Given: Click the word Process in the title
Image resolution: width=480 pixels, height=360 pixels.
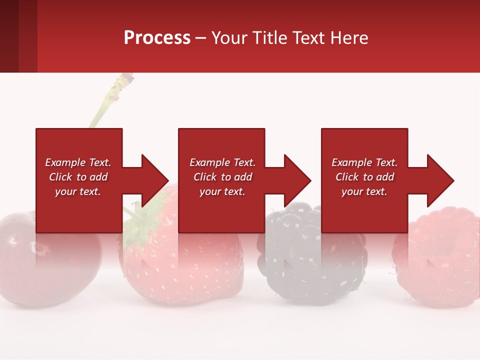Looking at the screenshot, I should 157,38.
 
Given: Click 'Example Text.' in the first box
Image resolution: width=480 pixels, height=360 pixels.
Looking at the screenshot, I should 78,162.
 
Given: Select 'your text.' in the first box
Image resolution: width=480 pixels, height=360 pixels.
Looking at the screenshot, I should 78,191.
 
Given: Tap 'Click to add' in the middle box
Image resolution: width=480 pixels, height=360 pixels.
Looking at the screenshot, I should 222,177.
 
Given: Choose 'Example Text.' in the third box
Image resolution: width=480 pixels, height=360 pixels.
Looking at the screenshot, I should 364,162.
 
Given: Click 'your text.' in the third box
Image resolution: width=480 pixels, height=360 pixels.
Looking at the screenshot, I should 364,191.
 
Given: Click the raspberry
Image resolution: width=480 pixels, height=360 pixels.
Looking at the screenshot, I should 440,260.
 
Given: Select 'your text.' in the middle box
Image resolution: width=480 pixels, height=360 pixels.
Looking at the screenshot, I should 222,191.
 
